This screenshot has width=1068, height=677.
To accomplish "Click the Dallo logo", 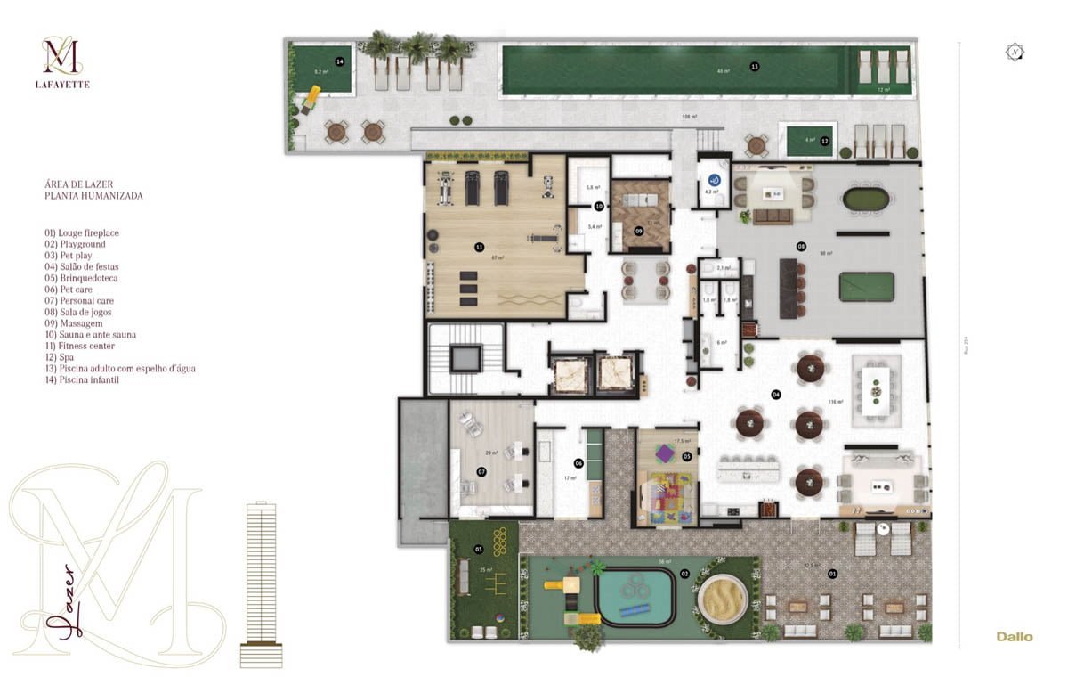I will click(x=1015, y=637).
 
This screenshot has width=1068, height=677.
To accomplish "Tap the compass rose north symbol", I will click(x=1015, y=53).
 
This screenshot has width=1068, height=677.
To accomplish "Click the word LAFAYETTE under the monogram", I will click(x=66, y=85).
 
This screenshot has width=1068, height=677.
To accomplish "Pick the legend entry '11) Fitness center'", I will click(x=82, y=346).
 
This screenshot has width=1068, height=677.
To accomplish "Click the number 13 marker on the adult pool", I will click(x=755, y=67).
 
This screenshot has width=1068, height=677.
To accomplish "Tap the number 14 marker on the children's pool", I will click(x=339, y=61).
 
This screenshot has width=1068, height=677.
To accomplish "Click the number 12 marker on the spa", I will click(x=825, y=141).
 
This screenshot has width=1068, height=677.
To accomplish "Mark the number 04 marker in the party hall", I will click(x=776, y=394).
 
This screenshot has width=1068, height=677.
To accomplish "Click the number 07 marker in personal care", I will click(x=481, y=471).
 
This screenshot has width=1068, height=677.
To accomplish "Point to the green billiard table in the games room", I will click(x=866, y=287).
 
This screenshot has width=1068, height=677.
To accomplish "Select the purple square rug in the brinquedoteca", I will click(x=665, y=454).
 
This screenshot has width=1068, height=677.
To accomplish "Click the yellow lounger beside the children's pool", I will click(x=311, y=97).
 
